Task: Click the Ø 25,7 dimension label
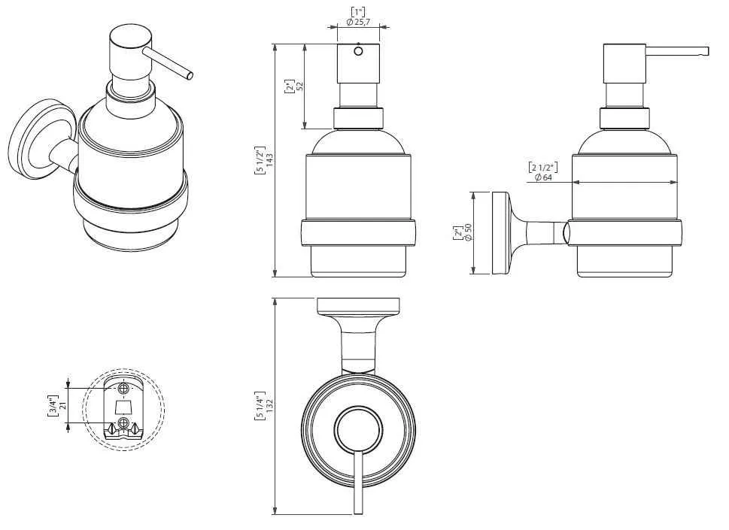click(358, 22)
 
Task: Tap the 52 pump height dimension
click(300, 86)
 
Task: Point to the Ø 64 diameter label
click(543, 177)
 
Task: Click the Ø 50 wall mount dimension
click(468, 232)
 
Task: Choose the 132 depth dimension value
click(271, 407)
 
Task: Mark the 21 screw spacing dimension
click(64, 404)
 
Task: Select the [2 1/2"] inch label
click(543, 167)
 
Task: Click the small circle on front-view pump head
click(358, 51)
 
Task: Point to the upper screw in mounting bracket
click(123, 387)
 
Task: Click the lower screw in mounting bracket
click(123, 422)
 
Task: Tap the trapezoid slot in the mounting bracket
click(123, 408)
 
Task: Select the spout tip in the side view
click(707, 51)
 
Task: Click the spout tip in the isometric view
click(189, 76)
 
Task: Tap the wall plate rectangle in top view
click(358, 306)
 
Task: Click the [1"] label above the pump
click(358, 12)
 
